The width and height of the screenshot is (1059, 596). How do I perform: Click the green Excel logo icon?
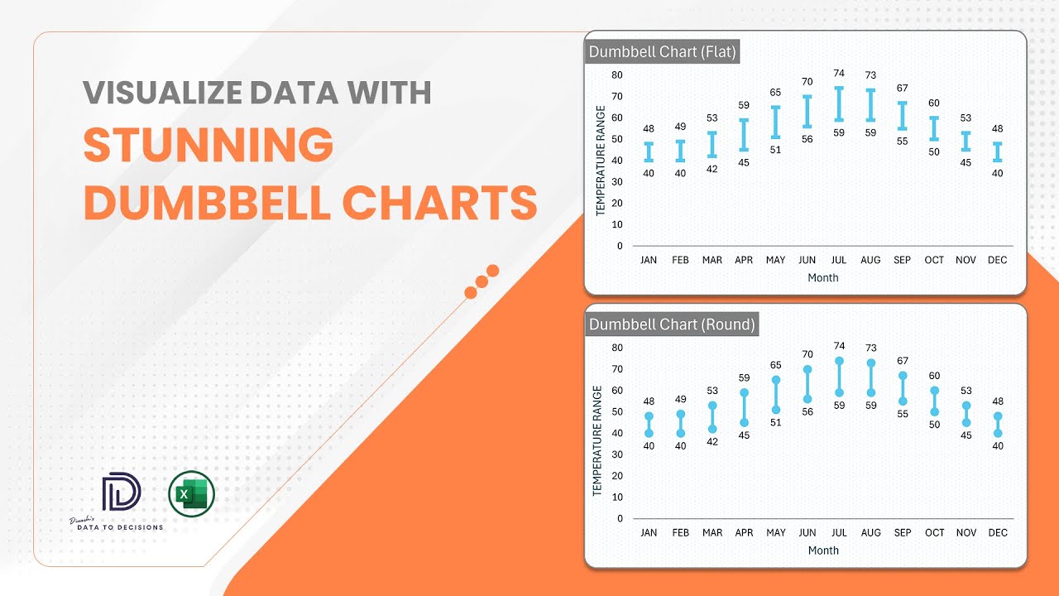(x=191, y=495)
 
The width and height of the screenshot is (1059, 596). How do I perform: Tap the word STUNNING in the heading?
(x=208, y=146)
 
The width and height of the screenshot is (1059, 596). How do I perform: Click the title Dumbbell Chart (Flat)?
(x=662, y=51)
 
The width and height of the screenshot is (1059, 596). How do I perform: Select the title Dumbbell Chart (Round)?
(x=672, y=324)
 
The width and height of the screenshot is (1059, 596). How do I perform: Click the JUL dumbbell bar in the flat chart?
(x=839, y=104)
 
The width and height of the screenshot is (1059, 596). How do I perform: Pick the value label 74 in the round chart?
(x=839, y=346)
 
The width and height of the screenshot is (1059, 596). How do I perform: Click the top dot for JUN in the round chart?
(x=807, y=369)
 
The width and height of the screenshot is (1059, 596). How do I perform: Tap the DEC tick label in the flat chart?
(x=998, y=260)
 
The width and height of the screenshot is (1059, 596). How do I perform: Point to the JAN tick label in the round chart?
(x=649, y=532)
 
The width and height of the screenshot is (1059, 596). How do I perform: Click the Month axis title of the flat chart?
(x=823, y=278)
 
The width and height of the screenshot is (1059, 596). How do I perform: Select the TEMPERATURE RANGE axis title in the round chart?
(x=597, y=440)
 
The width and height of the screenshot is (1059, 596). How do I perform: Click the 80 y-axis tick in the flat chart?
(x=617, y=74)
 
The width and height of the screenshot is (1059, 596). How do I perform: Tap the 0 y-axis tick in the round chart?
(x=620, y=518)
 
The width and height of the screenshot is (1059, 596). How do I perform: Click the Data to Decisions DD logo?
(x=122, y=493)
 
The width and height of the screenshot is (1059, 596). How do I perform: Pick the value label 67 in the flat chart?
(x=903, y=89)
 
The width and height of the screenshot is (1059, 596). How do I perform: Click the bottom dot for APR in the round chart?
(x=744, y=422)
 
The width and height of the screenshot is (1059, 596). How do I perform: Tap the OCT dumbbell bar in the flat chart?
(x=934, y=129)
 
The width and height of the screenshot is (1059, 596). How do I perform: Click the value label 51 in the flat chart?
(x=775, y=150)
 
